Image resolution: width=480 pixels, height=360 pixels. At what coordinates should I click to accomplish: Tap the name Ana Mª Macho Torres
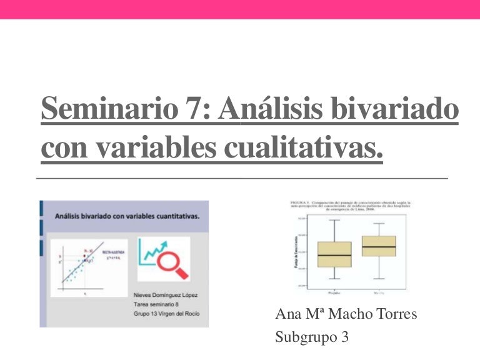346,314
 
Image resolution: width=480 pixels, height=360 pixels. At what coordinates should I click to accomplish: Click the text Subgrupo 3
311,337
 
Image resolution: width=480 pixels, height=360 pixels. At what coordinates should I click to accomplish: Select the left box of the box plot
334,254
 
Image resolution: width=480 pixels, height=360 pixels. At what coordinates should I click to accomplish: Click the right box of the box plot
379,246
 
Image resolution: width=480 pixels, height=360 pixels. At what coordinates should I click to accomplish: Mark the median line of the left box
334,256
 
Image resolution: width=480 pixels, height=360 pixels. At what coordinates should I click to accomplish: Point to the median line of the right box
379,246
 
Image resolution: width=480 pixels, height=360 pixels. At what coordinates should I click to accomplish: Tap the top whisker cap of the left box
334,220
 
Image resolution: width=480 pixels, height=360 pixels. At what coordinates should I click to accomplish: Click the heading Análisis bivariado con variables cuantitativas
127,216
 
